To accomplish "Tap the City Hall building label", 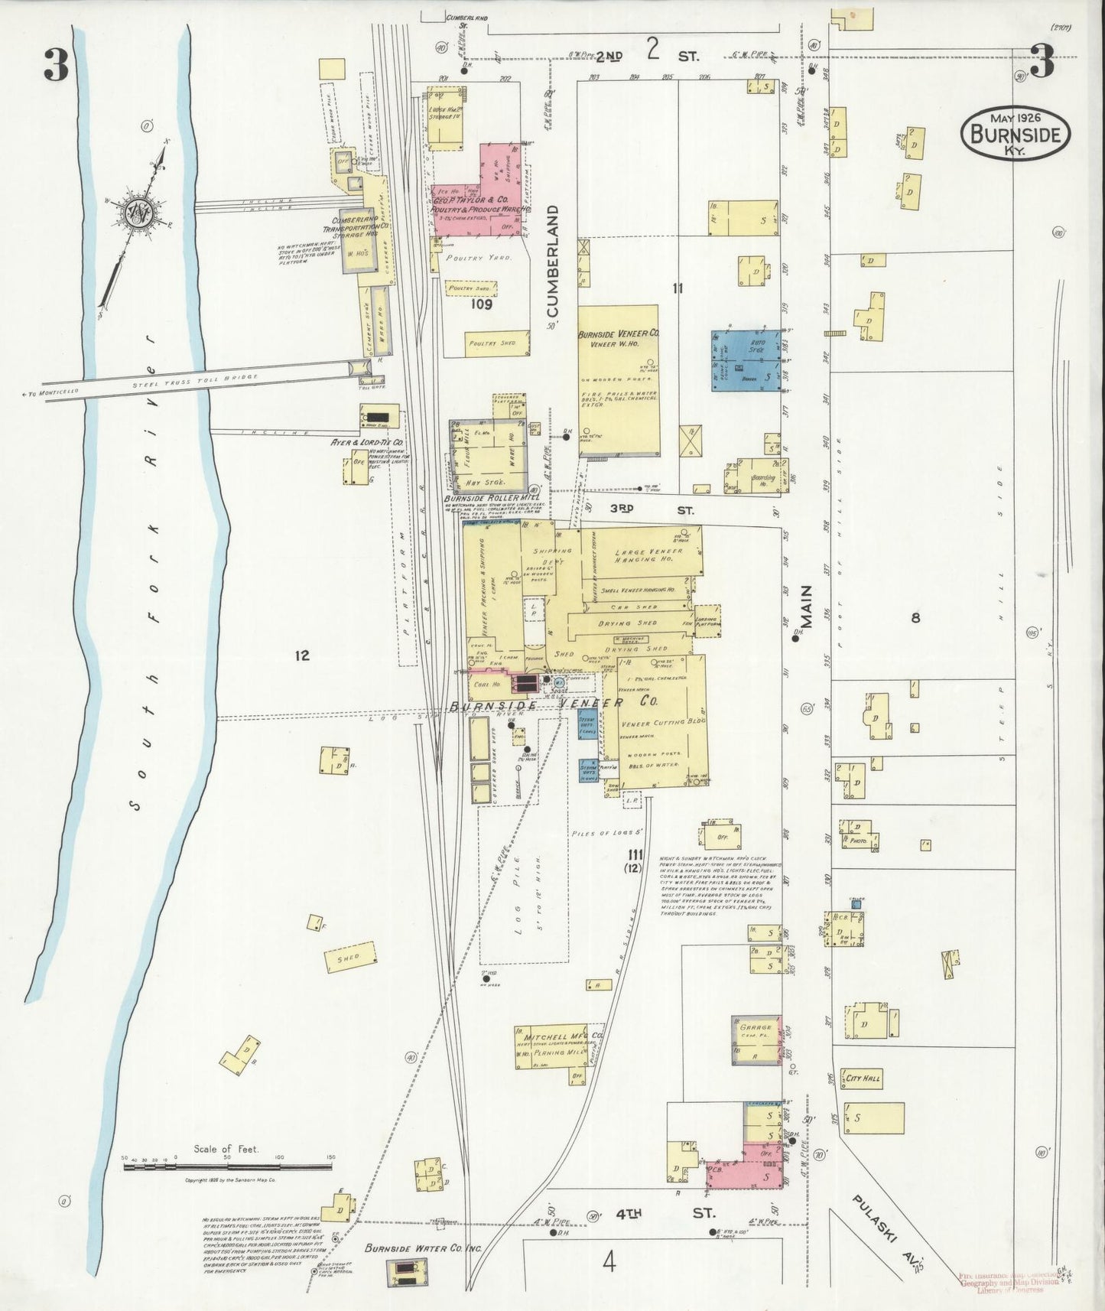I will click(x=862, y=1078).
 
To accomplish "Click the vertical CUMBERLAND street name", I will click(x=554, y=261).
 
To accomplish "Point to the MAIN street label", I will click(x=806, y=608).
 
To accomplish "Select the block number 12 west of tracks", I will click(x=302, y=655).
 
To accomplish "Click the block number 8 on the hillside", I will click(x=915, y=619).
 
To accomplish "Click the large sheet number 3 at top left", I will click(x=55, y=67).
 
